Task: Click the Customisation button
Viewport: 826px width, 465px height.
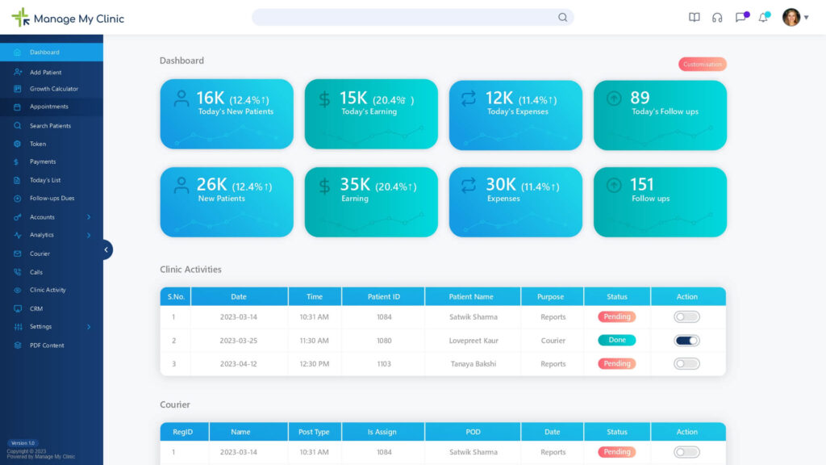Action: click(x=703, y=65)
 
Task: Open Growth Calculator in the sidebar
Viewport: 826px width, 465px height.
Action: click(x=54, y=89)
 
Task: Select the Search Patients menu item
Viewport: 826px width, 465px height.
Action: click(x=50, y=126)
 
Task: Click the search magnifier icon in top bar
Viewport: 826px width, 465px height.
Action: click(x=562, y=18)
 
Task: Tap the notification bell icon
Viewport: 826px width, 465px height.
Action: click(x=762, y=18)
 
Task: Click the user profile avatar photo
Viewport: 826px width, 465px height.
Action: click(x=791, y=18)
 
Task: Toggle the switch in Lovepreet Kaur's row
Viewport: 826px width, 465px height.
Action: click(x=686, y=341)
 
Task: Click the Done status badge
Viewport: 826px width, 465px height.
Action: click(x=616, y=341)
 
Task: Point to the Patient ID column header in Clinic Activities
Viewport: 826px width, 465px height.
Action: click(x=383, y=296)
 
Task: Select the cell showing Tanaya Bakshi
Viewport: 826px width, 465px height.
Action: click(x=473, y=364)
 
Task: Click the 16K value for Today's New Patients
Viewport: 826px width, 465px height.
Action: click(x=211, y=98)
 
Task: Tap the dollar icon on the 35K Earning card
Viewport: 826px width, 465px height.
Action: click(x=324, y=187)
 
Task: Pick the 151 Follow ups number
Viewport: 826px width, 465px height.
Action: click(x=642, y=185)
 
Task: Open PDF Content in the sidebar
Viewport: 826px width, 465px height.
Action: click(x=47, y=346)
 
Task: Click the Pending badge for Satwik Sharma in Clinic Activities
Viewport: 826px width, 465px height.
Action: click(x=616, y=317)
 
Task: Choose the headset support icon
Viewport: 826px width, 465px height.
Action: click(x=717, y=18)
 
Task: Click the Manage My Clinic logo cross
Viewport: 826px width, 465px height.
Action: click(x=20, y=18)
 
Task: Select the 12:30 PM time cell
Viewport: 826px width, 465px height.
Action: click(x=314, y=364)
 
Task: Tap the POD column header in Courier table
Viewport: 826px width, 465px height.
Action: click(x=473, y=432)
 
